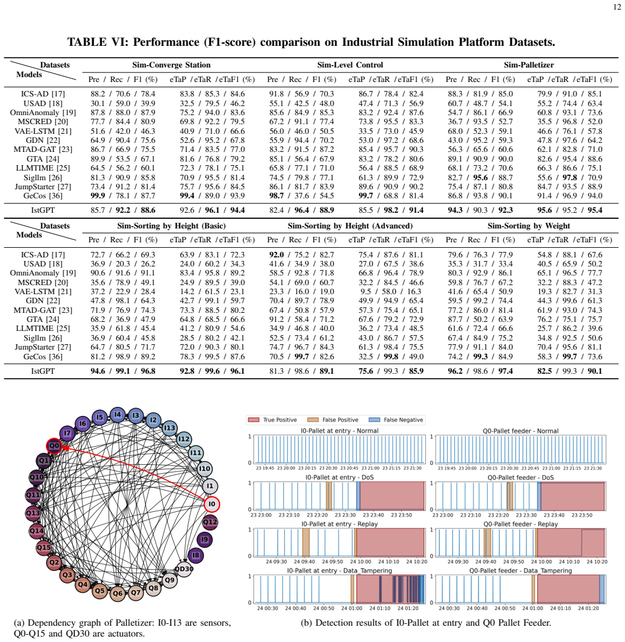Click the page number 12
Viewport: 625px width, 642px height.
click(x=617, y=7)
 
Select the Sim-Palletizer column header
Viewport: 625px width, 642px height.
click(x=528, y=65)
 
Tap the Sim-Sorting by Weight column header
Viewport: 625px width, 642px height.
click(x=528, y=225)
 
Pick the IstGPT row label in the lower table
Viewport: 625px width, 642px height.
click(x=43, y=371)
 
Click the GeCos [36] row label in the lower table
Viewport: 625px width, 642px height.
click(x=43, y=357)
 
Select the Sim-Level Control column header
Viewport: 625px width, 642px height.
click(x=350, y=65)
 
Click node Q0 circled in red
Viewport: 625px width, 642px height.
click(x=54, y=445)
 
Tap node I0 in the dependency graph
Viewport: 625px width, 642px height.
click(x=212, y=504)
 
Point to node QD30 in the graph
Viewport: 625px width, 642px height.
click(x=184, y=568)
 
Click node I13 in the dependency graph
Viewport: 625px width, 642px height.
click(x=170, y=428)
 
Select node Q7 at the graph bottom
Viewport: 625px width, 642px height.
click(x=136, y=593)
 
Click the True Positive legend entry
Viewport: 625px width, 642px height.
click(x=273, y=420)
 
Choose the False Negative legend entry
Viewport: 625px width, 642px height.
click(x=396, y=420)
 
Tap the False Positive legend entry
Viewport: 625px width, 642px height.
click(x=333, y=420)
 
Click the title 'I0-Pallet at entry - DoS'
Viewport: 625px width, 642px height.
click(x=340, y=477)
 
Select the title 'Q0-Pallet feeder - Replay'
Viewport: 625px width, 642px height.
click(x=521, y=524)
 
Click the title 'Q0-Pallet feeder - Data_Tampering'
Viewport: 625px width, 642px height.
click(x=521, y=571)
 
